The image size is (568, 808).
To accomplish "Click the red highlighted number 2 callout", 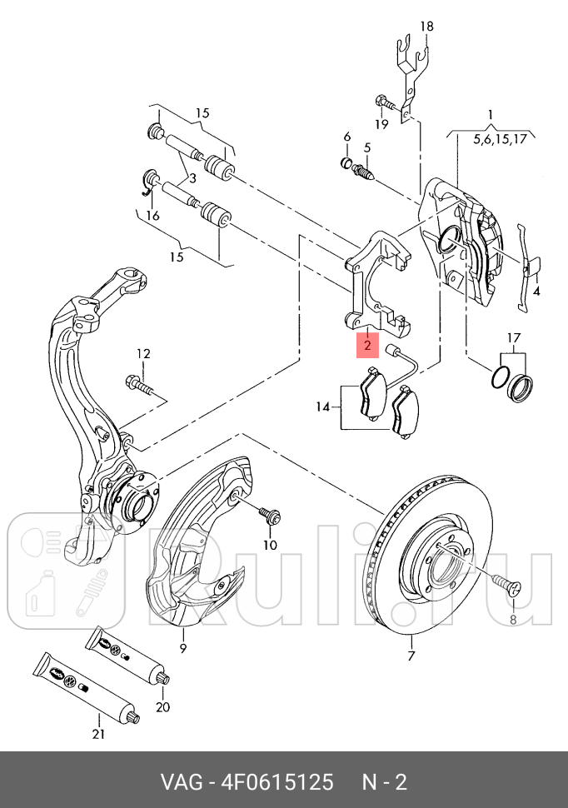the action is point(367,345).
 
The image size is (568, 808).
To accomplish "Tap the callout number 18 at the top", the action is point(426,26).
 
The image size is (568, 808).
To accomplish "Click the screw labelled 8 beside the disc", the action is point(507,586).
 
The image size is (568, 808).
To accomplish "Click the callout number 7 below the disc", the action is point(411,656).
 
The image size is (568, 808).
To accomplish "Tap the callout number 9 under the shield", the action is point(183,648).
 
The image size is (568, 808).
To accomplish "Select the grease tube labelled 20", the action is point(127,656).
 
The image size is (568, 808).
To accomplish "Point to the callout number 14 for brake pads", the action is point(322,407).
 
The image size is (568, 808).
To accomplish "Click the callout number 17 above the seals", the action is point(514,338).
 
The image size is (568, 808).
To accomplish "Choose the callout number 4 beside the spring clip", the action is point(536,292).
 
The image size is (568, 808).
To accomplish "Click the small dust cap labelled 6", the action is point(347,162).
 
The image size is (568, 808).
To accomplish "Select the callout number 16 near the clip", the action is point(152,216).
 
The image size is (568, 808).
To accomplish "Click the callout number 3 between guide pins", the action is point(192,179).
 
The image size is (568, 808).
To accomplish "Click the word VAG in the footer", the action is point(182,782).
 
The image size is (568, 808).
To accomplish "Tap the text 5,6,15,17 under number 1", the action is point(500,139).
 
